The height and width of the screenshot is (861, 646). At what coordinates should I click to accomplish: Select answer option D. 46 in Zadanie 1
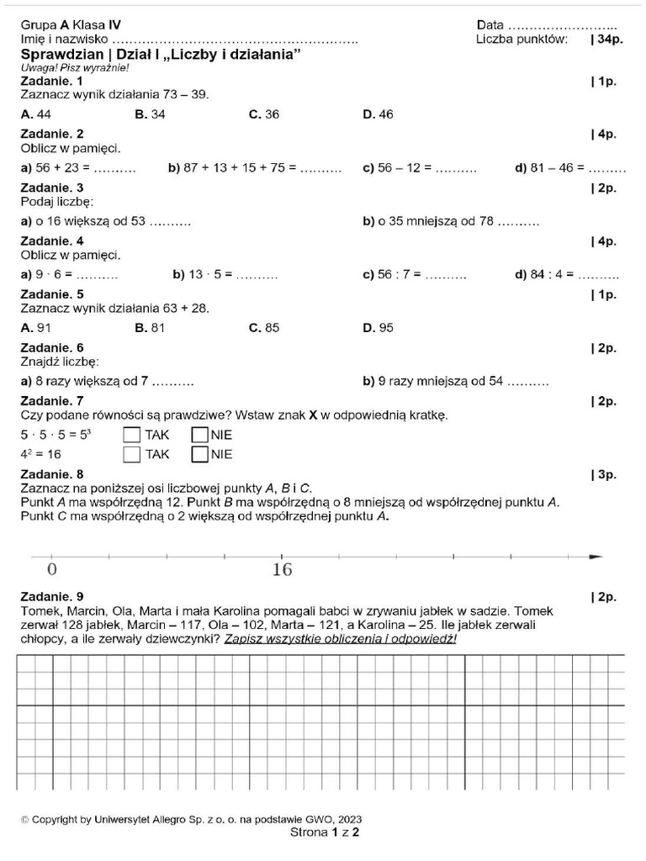(x=378, y=114)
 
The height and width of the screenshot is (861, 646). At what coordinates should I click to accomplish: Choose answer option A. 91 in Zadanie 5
(x=36, y=328)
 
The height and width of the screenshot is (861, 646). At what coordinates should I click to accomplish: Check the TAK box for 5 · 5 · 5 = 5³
(x=131, y=435)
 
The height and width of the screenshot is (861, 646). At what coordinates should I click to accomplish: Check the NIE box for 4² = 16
(x=199, y=454)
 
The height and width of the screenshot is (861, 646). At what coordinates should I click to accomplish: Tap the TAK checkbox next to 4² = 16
(x=131, y=454)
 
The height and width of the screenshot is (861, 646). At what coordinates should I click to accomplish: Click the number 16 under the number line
(x=282, y=570)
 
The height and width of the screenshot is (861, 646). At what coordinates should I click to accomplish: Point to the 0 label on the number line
(x=51, y=570)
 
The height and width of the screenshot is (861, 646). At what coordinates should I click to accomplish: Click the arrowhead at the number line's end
(x=596, y=557)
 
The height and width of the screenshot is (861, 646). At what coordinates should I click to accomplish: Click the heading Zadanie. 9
(x=51, y=596)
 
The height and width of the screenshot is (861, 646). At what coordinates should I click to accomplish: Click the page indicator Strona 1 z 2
(x=324, y=832)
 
